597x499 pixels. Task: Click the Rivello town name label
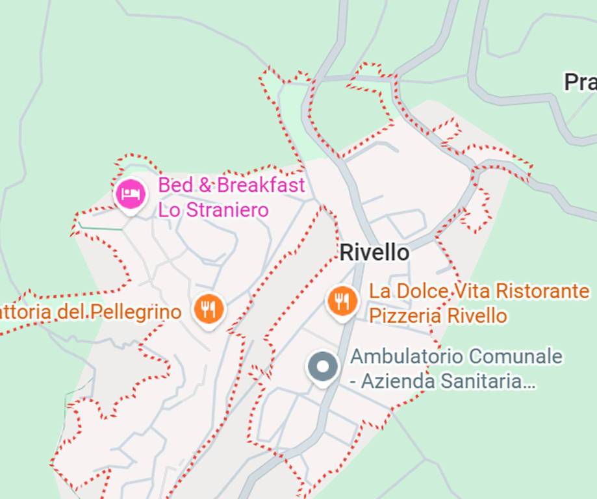pos(375,253)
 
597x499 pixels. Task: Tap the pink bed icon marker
pos(131,194)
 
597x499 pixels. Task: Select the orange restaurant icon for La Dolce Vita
pos(342,301)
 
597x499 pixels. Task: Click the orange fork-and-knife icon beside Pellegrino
pos(209,310)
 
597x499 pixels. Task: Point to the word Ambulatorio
pos(407,357)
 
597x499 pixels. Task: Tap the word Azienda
pos(394,381)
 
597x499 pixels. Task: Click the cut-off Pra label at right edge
pos(579,83)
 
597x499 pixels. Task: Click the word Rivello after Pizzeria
pos(476,316)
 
